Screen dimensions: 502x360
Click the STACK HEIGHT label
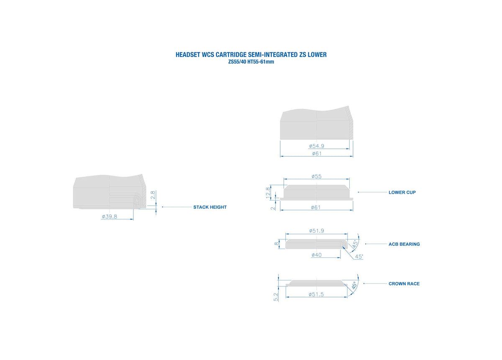tap(210, 207)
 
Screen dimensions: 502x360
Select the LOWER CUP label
tap(402, 192)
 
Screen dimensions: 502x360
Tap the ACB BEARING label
tap(404, 244)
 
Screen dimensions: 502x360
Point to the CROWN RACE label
tap(404, 283)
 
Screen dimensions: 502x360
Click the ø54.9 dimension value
tap(316, 146)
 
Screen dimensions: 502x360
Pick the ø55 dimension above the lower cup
tap(316, 176)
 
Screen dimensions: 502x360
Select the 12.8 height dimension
tap(268, 193)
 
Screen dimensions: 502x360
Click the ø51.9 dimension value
tap(316, 231)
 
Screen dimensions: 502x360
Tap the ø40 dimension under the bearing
tap(316, 255)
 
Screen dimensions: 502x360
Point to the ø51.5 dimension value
tap(316, 294)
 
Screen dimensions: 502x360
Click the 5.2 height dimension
tap(276, 297)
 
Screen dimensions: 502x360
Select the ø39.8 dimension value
tap(109, 216)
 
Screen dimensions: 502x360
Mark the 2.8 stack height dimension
tap(153, 195)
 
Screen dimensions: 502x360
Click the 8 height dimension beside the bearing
tap(277, 244)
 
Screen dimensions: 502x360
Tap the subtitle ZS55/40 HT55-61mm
tap(251, 62)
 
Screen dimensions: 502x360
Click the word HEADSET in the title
tap(188, 54)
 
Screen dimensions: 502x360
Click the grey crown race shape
tap(316, 283)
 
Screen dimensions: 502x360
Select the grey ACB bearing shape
tap(316, 244)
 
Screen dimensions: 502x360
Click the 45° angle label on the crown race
tap(354, 285)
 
